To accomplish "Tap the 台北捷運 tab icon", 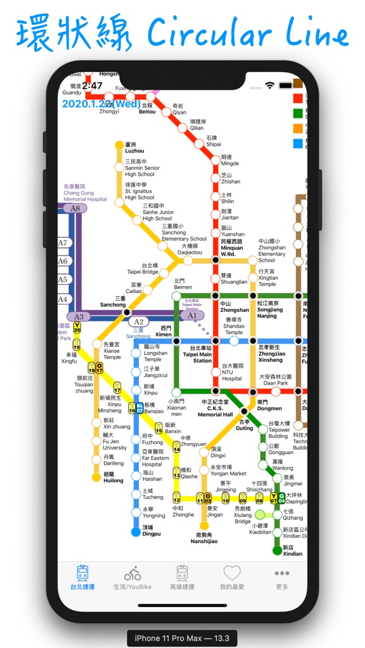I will click(82, 574).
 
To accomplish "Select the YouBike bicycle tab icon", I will click(132, 574).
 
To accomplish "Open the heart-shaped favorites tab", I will click(232, 573).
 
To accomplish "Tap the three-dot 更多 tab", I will click(282, 573).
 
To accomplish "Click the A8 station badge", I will click(75, 208).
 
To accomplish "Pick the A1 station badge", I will click(193, 315).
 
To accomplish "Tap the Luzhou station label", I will click(134, 148).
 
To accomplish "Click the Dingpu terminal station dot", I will click(136, 532).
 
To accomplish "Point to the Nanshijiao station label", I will click(204, 538).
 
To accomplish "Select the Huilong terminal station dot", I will click(96, 477).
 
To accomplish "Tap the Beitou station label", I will click(147, 109).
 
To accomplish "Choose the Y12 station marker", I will click(177, 499).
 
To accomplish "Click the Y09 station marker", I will click(242, 499).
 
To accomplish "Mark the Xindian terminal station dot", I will click(277, 551).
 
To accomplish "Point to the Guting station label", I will click(245, 425).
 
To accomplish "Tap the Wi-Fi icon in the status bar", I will click(270, 85).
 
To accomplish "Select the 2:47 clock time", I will click(92, 85).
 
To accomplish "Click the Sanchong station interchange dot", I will click(126, 312).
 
